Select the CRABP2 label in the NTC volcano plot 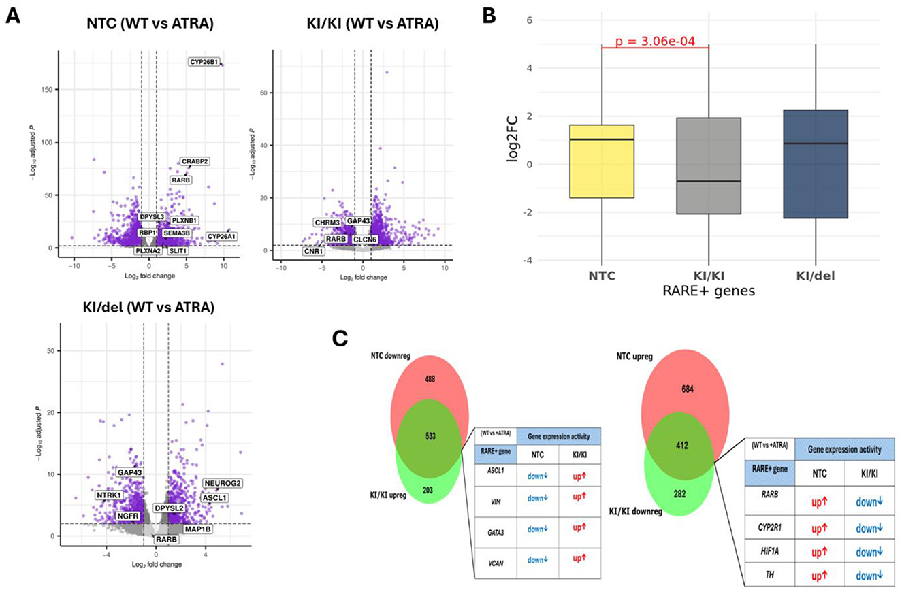194,161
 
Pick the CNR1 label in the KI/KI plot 314,251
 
